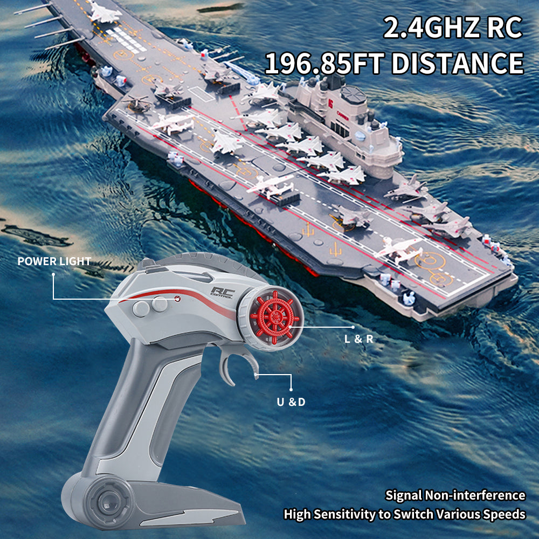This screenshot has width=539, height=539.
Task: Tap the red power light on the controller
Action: pyautogui.click(x=177, y=299)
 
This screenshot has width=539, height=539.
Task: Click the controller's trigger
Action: pyautogui.click(x=237, y=365)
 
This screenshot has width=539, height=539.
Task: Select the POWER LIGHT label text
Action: pyautogui.click(x=54, y=261)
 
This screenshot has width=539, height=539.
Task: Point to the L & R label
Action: pyautogui.click(x=359, y=339)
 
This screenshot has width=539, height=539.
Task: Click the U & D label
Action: pyautogui.click(x=291, y=402)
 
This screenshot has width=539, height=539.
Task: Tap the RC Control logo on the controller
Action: pyautogui.click(x=223, y=293)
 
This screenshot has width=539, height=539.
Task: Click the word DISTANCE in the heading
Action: pyautogui.click(x=458, y=63)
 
